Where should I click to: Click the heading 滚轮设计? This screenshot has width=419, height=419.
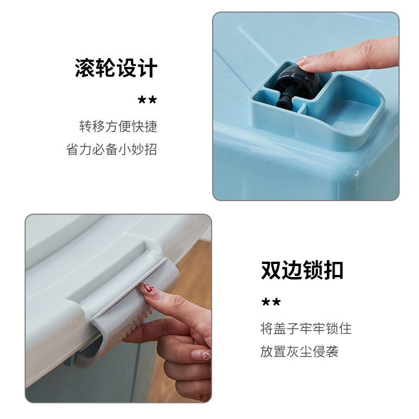point(116,69)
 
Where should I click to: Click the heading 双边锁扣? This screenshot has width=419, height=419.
point(302,270)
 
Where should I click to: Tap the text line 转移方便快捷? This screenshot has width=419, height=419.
point(118,126)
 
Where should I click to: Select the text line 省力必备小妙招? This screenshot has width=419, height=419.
point(112,149)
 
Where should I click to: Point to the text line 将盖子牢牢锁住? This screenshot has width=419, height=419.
point(306,328)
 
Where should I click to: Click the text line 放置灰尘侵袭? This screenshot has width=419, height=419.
point(300,351)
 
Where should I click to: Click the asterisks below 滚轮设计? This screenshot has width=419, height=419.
point(147,101)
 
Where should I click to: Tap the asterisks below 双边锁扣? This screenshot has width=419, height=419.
point(271,302)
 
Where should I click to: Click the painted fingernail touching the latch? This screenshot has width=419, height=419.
point(147,288)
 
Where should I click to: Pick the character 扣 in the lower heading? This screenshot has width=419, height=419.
point(333,270)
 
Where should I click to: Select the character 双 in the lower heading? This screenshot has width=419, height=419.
point(271,270)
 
